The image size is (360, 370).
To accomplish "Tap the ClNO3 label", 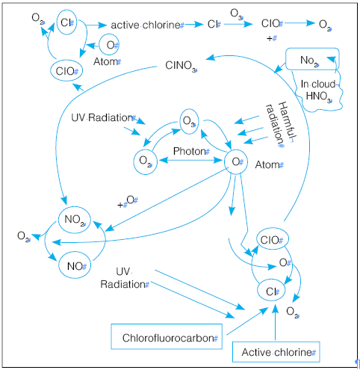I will [181, 66].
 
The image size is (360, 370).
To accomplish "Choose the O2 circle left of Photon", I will [145, 161].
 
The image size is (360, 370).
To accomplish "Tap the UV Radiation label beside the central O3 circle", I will [102, 118].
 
